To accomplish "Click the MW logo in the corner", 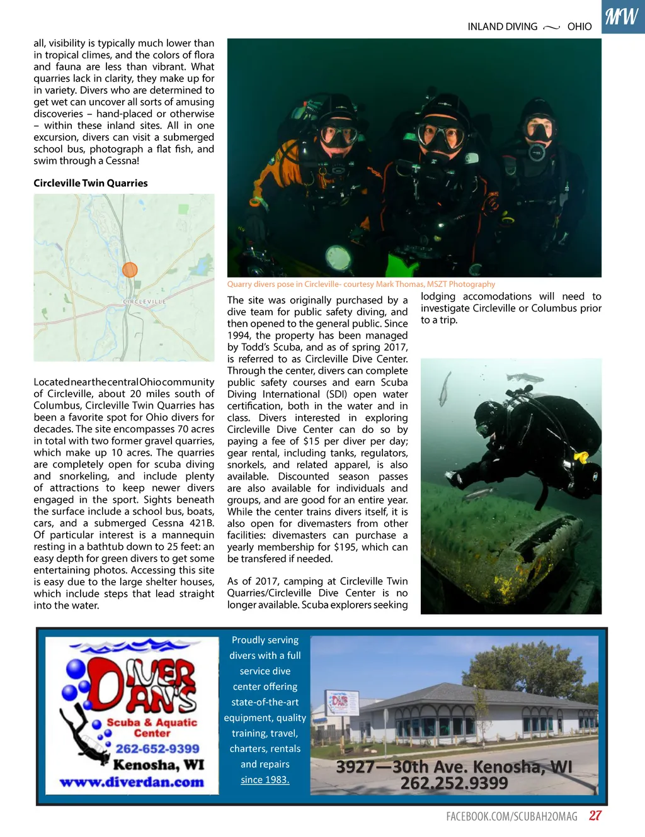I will (x=622, y=16).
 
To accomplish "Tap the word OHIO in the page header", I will (x=579, y=26).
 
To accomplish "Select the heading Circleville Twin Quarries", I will (x=91, y=183).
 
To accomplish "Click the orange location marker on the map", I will (x=130, y=270).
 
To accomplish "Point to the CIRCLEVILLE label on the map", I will (x=145, y=302).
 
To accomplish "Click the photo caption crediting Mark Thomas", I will (x=361, y=284).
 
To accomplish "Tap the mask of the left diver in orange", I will (x=339, y=136).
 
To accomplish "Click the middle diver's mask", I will (x=440, y=135).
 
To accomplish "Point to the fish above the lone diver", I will (x=525, y=378).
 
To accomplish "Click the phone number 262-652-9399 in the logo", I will (x=157, y=749).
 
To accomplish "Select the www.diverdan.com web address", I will (x=132, y=782).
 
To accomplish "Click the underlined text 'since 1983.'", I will (x=265, y=780).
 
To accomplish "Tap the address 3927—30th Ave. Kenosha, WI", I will (x=454, y=767).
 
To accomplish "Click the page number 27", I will (x=595, y=816).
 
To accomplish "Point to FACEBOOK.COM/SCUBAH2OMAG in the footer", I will (x=511, y=816).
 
